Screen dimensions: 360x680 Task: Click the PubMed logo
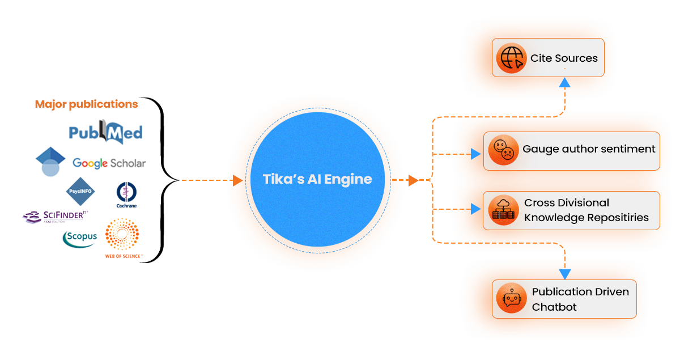[105, 132]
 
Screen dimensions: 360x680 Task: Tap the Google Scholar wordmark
[109, 163]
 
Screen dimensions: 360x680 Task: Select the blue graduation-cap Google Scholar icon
[50, 161]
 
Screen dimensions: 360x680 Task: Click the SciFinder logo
[55, 216]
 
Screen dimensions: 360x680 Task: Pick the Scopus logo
[80, 238]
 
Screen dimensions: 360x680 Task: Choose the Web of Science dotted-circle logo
[124, 238]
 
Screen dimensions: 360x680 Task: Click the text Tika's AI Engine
[317, 179]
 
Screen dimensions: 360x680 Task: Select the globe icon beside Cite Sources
[511, 58]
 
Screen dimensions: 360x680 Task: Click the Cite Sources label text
[564, 58]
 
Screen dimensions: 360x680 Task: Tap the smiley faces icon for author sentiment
[503, 150]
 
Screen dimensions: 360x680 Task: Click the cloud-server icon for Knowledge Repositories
[503, 210]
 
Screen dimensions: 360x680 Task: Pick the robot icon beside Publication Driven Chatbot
[511, 299]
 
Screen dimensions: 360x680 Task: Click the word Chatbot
[554, 307]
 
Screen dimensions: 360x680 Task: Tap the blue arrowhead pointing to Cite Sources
[564, 82]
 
